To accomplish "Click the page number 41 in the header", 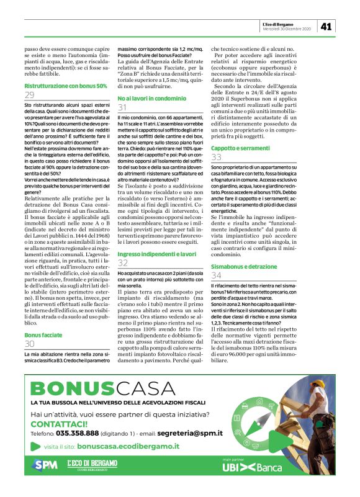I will (x=326, y=26).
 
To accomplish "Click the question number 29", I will (x=30, y=95).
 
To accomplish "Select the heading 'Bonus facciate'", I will (x=43, y=334).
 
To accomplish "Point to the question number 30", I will (x=30, y=344).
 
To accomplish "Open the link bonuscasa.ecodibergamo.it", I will (x=128, y=446).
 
